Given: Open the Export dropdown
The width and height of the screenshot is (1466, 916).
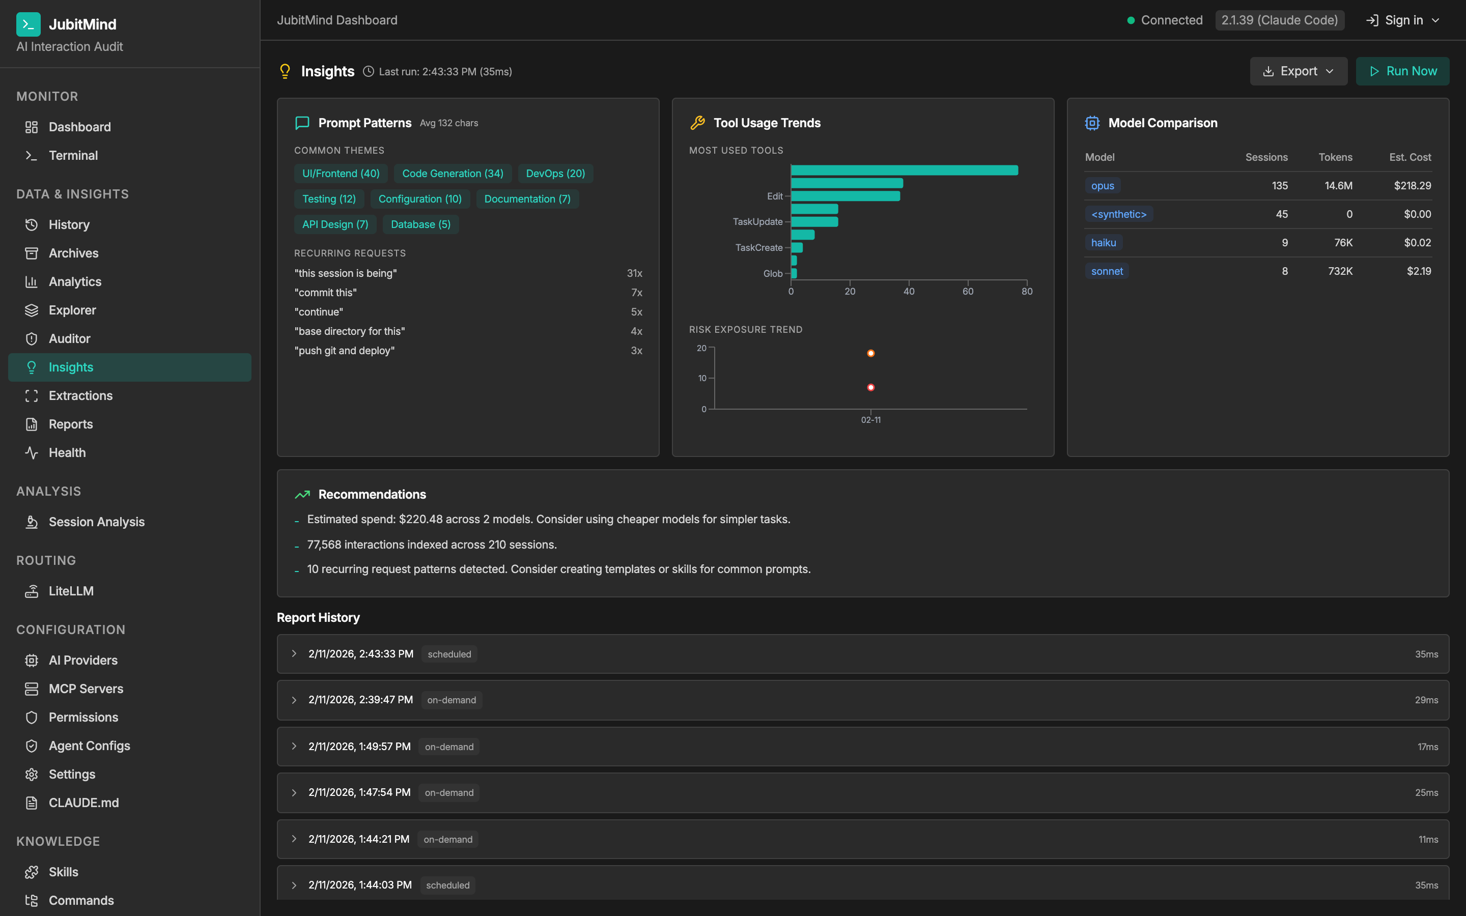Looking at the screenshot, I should pyautogui.click(x=1298, y=71).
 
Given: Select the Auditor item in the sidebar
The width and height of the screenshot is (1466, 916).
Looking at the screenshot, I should pyautogui.click(x=69, y=338).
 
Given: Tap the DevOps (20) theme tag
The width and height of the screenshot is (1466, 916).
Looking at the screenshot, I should pyautogui.click(x=555, y=173).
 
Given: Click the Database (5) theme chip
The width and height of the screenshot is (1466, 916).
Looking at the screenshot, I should pyautogui.click(x=420, y=224).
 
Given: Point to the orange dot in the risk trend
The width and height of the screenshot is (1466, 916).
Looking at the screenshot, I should pyautogui.click(x=870, y=353).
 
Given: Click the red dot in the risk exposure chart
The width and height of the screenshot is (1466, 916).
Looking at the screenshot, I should pyautogui.click(x=870, y=387).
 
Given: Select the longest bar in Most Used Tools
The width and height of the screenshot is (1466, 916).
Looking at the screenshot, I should pyautogui.click(x=904, y=170).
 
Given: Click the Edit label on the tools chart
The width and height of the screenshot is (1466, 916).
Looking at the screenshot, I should pyautogui.click(x=774, y=196).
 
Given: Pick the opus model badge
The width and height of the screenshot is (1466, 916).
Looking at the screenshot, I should pyautogui.click(x=1102, y=186).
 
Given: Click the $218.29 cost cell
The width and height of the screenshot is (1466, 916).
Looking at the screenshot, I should pyautogui.click(x=1412, y=186).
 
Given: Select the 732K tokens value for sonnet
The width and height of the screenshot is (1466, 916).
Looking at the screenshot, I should pyautogui.click(x=1339, y=271).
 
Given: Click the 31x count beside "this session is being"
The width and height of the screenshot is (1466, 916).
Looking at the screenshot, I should pyautogui.click(x=634, y=273).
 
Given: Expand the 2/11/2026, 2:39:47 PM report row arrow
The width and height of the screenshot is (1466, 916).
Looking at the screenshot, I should pyautogui.click(x=294, y=700).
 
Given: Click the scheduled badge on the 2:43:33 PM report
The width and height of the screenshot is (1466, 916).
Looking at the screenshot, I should pyautogui.click(x=449, y=654).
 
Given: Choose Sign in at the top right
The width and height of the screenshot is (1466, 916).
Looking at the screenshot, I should pyautogui.click(x=1402, y=20).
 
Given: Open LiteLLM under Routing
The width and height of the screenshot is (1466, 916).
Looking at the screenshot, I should pyautogui.click(x=71, y=591).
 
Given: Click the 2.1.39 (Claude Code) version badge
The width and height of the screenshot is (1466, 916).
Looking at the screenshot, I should pyautogui.click(x=1279, y=20).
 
